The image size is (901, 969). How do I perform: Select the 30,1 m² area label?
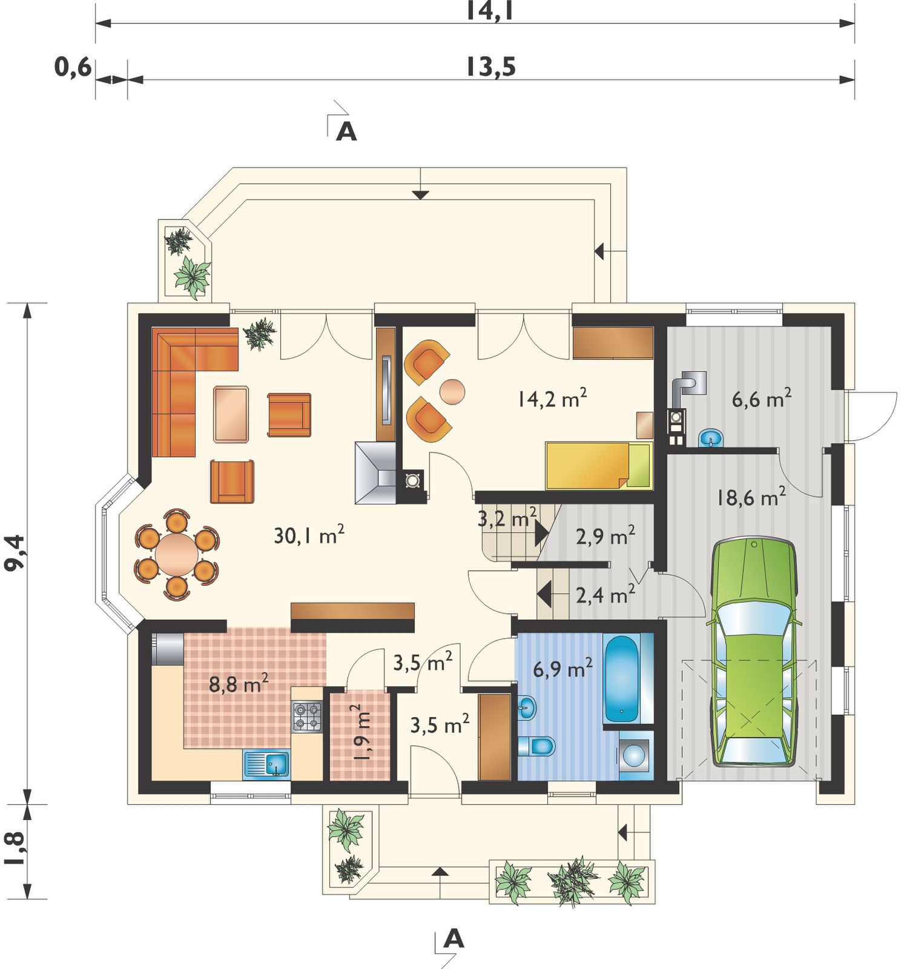pos(309,535)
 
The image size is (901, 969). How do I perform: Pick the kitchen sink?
pos(266,764)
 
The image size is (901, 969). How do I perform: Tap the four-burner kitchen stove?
pos(307,716)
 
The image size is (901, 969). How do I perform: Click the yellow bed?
pos(599,465)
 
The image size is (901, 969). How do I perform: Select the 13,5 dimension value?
pos(490,67)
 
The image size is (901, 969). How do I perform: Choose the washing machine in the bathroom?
pos(635,755)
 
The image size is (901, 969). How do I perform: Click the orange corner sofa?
pos(182,375)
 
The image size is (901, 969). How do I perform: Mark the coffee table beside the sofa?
pos(231,414)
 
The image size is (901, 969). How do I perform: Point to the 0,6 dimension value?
pos(73,67)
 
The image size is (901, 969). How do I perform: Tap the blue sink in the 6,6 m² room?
pos(710,437)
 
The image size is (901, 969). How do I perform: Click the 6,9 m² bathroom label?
pos(563,669)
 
